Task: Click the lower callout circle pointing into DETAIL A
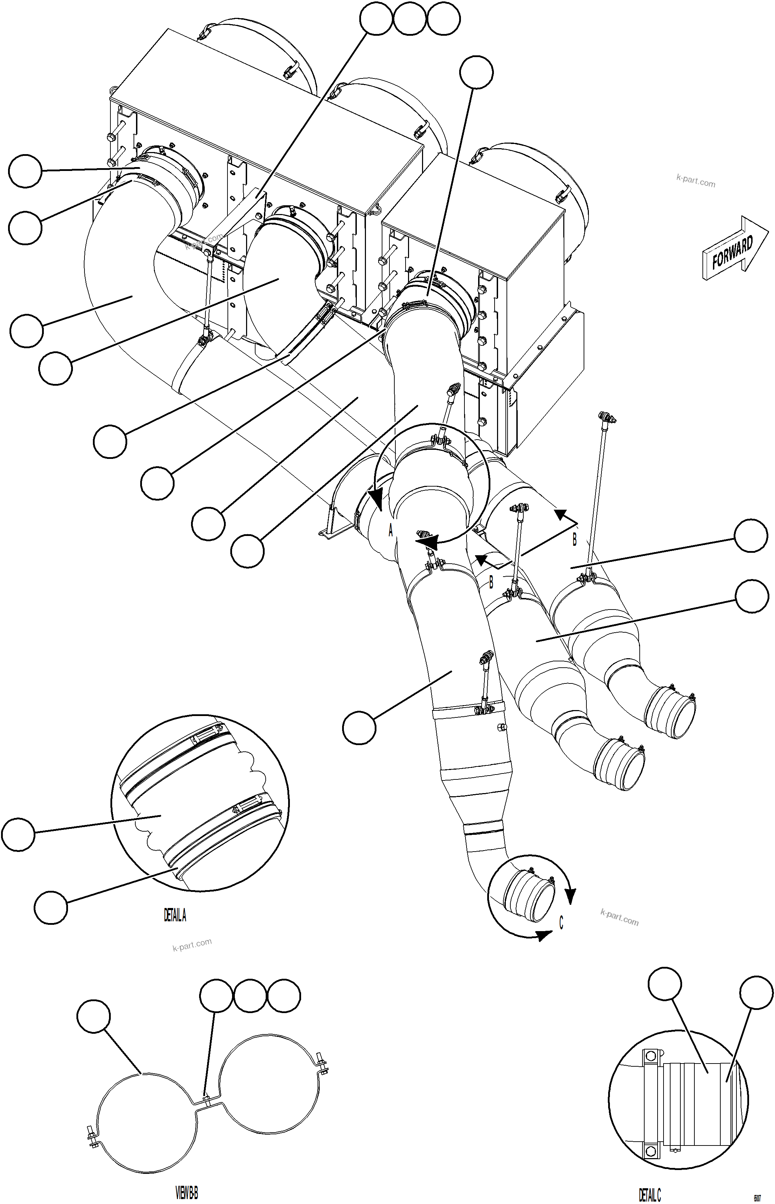pyautogui.click(x=51, y=908)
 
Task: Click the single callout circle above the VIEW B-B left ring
pyautogui.click(x=94, y=1016)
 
